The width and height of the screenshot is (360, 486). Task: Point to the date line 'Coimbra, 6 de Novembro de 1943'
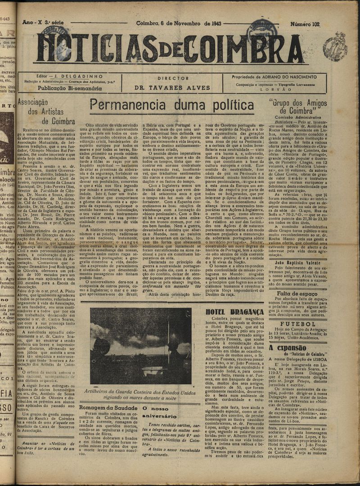178,23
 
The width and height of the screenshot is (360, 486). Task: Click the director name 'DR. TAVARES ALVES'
173,88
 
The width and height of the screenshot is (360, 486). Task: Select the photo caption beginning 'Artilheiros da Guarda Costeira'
140,394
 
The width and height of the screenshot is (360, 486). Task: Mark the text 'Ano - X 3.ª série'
44,22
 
